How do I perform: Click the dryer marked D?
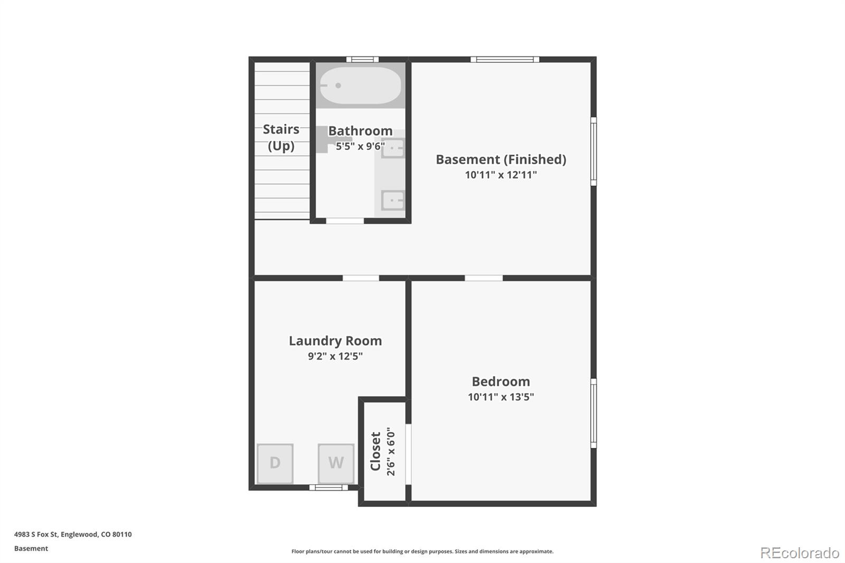click(275, 463)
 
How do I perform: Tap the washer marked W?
click(336, 463)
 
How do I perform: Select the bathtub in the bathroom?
click(360, 86)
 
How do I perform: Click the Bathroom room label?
click(360, 130)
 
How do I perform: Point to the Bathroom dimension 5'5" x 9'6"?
click(360, 146)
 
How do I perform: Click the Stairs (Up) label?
click(281, 137)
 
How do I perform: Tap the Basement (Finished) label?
click(501, 159)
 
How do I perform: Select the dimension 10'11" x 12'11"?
click(501, 175)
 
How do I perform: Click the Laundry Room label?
click(335, 341)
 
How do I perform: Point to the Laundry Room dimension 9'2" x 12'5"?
click(335, 356)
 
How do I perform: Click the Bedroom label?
click(501, 381)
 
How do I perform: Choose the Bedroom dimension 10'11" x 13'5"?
click(501, 397)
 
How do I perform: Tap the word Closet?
click(375, 452)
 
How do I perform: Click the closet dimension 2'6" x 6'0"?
click(391, 452)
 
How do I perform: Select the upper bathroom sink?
click(393, 148)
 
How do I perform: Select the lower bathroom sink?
click(393, 200)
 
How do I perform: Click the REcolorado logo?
click(800, 553)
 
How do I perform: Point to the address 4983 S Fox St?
click(36, 534)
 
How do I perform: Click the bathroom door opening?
click(345, 221)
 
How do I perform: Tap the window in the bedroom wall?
click(594, 413)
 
